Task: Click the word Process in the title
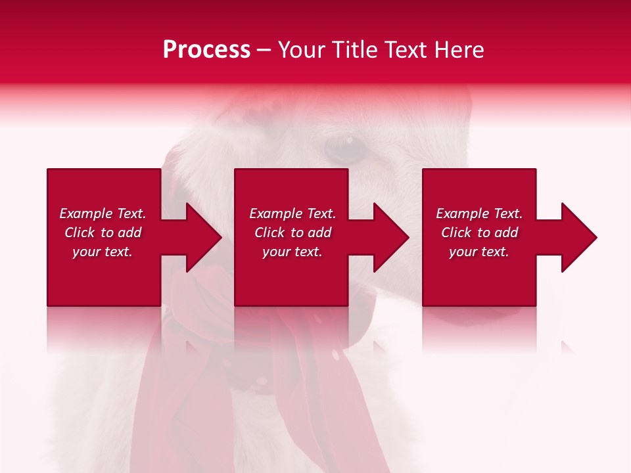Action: [x=206, y=50]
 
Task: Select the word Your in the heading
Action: [x=301, y=50]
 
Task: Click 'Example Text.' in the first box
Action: [x=103, y=214]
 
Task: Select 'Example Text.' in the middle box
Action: [x=292, y=214]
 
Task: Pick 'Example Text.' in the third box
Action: [x=479, y=214]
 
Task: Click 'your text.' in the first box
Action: [x=103, y=252]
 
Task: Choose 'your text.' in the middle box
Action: [x=292, y=252]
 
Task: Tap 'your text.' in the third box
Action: [x=479, y=252]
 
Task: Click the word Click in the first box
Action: [x=80, y=233]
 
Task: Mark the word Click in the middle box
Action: [x=269, y=233]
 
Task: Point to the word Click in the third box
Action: [x=456, y=233]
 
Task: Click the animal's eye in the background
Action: [x=344, y=149]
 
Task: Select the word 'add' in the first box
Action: [x=129, y=233]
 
